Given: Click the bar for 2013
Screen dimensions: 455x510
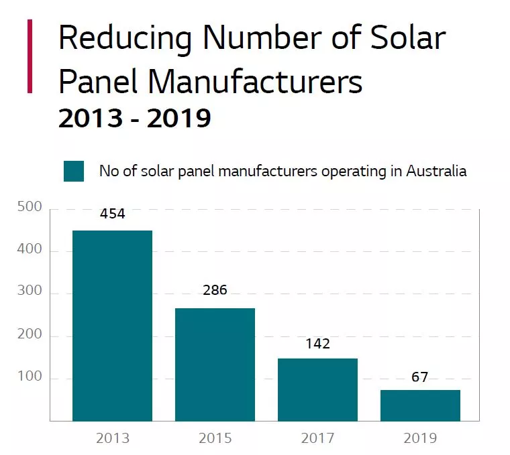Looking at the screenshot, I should pyautogui.click(x=112, y=326).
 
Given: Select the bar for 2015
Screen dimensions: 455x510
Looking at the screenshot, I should pyautogui.click(x=215, y=365).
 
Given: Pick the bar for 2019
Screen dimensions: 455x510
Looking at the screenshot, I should pyautogui.click(x=421, y=405).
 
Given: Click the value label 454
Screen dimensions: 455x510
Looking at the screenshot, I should pyautogui.click(x=113, y=214).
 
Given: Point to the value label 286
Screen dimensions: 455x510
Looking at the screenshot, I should pyautogui.click(x=215, y=291).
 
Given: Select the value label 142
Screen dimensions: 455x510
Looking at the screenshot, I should pyautogui.click(x=318, y=344).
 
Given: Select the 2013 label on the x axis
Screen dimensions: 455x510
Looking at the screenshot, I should pyautogui.click(x=113, y=439).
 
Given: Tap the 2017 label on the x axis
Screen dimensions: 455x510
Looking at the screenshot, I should pyautogui.click(x=318, y=439).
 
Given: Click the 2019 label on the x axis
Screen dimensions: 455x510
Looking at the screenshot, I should pyautogui.click(x=421, y=439).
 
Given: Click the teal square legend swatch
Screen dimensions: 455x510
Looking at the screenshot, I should pyautogui.click(x=73, y=171).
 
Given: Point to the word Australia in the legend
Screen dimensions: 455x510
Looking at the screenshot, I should pyautogui.click(x=436, y=171).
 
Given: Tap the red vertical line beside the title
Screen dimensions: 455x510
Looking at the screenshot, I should pyautogui.click(x=30, y=56).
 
